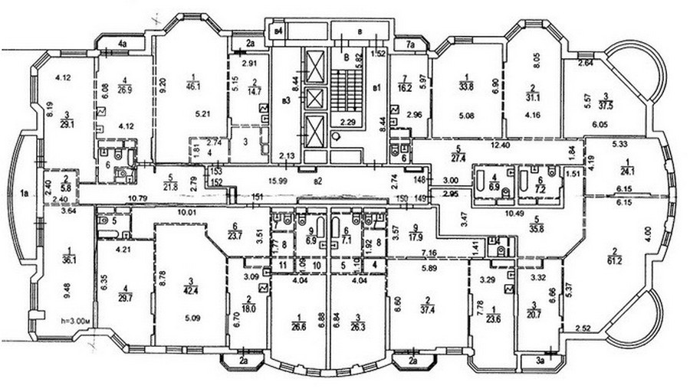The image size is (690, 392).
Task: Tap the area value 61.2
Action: click(616, 260)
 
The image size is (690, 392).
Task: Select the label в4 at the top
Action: click(279, 31)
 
